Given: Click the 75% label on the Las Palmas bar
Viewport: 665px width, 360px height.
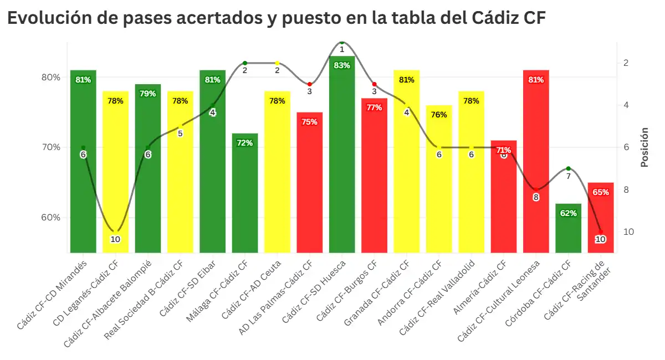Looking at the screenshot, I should (x=310, y=122).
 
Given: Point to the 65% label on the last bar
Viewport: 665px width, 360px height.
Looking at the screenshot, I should (x=601, y=192).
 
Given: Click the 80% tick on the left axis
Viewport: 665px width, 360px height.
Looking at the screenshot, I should (x=51, y=78).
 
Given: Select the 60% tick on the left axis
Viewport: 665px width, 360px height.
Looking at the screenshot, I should (x=51, y=217).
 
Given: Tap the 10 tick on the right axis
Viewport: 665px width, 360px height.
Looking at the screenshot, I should (x=629, y=232).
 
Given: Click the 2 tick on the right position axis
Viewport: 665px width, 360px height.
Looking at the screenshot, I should (x=626, y=63).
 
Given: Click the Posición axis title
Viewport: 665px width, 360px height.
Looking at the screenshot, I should (x=644, y=147).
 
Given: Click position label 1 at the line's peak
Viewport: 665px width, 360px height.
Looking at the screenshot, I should (x=342, y=49).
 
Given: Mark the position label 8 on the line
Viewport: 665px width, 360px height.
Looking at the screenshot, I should (x=536, y=197).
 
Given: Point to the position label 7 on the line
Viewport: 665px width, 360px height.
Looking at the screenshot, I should (x=568, y=176).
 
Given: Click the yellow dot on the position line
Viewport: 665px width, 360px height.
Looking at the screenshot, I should (x=277, y=63).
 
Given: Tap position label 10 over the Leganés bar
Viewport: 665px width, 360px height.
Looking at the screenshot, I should (x=115, y=239).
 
